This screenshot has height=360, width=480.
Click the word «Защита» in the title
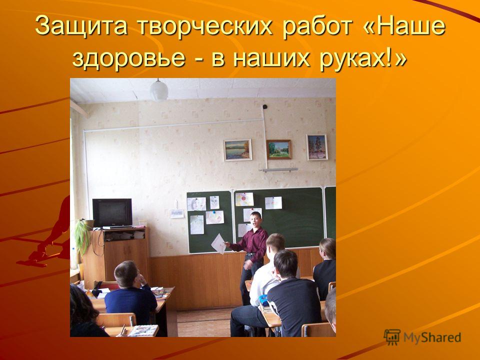[x=81, y=26]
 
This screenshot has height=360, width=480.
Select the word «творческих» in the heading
[x=204, y=26]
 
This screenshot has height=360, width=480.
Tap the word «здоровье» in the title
[x=129, y=58]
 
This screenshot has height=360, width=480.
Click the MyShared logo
[x=422, y=337]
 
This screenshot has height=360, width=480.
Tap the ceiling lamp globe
[x=159, y=90]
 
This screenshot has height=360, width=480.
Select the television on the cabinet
[x=112, y=213]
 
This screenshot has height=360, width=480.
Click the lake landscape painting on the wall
[x=237, y=150]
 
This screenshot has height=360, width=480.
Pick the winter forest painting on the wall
[x=317, y=147]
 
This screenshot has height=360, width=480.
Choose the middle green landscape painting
[x=278, y=149]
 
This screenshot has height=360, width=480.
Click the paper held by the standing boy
[x=219, y=243]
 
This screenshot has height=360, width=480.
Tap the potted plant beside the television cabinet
[x=81, y=235]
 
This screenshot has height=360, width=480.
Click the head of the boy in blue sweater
[x=126, y=273]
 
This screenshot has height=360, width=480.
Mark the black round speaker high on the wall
[x=265, y=107]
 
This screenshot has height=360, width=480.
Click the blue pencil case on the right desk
[x=263, y=300]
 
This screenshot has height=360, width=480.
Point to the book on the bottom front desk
[x=143, y=330]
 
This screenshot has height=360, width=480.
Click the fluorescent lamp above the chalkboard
[x=280, y=169]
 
